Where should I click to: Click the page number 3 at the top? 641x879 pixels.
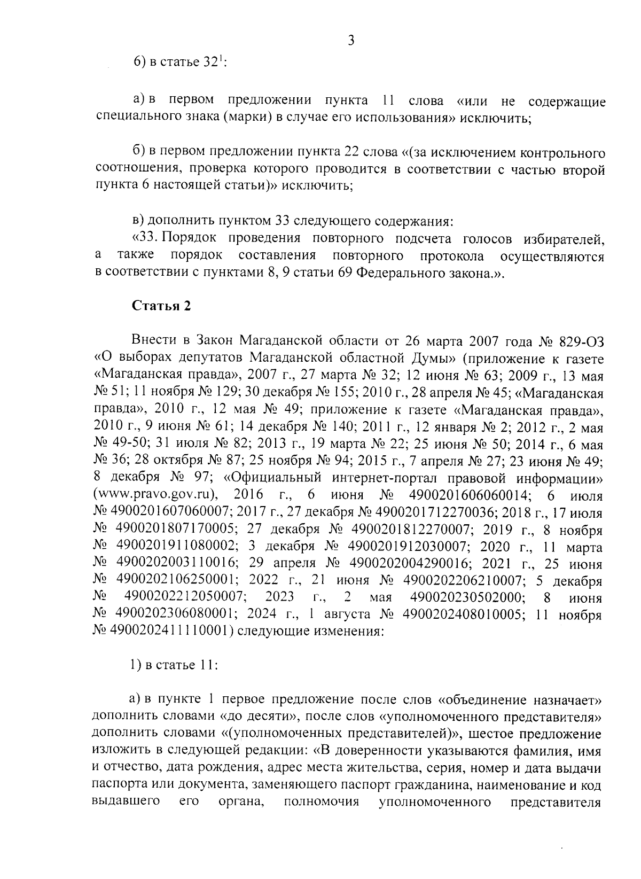tap(351, 41)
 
